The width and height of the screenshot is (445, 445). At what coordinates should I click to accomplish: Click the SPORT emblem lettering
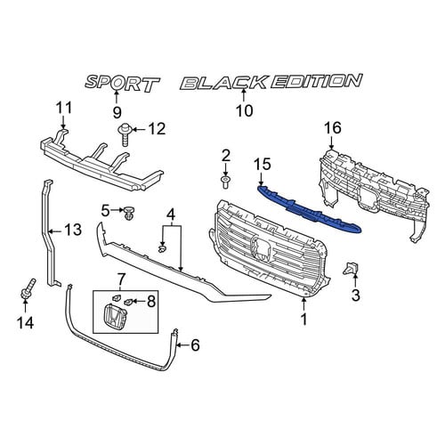[x=122, y=83]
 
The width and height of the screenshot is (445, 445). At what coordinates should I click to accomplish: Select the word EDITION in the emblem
[x=316, y=81]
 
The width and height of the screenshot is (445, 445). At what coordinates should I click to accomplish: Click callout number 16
[x=333, y=128]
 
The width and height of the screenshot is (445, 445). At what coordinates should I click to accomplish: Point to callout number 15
[x=263, y=165]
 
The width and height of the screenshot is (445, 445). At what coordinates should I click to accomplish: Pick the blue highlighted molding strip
[x=310, y=210]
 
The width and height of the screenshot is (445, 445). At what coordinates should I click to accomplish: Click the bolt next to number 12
[x=125, y=135]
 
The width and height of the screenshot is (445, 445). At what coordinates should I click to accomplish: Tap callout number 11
[x=64, y=108]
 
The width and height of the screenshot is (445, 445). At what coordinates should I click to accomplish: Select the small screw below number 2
[x=225, y=182]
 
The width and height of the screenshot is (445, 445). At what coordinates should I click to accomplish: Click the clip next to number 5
[x=129, y=213]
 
